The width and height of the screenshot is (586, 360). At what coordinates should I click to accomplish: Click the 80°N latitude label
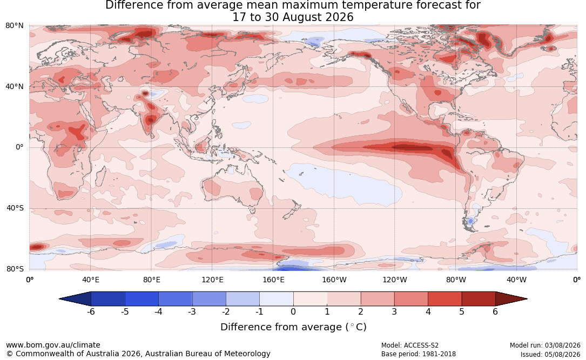pyautogui.click(x=14, y=26)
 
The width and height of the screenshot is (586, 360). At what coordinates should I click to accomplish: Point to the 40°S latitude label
pyautogui.click(x=15, y=208)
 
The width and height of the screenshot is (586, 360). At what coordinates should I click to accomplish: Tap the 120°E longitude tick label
pyautogui.click(x=212, y=280)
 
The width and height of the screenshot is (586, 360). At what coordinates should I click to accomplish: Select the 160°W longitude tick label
pyautogui.click(x=334, y=280)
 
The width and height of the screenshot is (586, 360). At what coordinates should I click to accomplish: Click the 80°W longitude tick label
pyautogui.click(x=456, y=280)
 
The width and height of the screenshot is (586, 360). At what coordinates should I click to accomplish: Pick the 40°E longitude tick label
pyautogui.click(x=90, y=280)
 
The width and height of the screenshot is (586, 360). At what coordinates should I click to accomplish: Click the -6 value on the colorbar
pyautogui.click(x=91, y=311)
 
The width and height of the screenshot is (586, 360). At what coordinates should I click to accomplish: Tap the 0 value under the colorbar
pyautogui.click(x=293, y=311)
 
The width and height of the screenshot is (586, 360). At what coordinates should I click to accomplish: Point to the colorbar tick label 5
pyautogui.click(x=462, y=311)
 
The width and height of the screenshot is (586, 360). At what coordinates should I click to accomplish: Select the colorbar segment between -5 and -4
pyautogui.click(x=142, y=299)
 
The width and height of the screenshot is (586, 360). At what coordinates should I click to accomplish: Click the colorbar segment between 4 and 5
pyautogui.click(x=444, y=299)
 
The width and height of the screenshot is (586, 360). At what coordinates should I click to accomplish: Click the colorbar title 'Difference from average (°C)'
pyautogui.click(x=293, y=327)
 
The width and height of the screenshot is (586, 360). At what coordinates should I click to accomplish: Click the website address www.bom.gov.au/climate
pyautogui.click(x=53, y=345)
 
